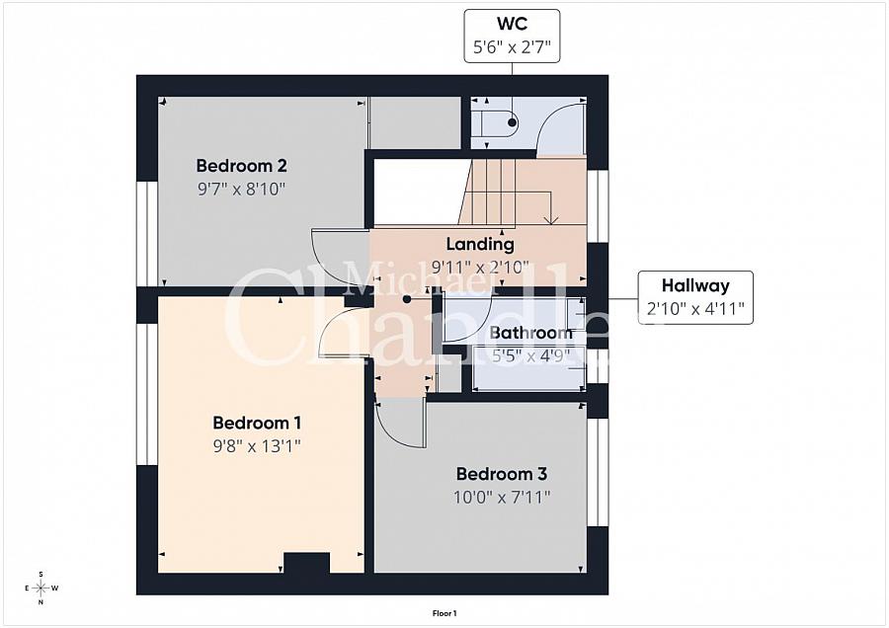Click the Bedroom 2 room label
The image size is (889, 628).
point(242,166)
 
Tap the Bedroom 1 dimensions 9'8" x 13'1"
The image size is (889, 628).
point(257,446)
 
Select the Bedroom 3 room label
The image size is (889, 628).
point(502,474)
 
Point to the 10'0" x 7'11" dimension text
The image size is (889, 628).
point(502,498)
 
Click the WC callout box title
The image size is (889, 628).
point(512,24)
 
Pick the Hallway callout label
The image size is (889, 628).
point(695,285)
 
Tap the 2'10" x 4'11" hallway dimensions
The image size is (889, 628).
point(695,309)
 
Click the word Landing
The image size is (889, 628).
point(480,244)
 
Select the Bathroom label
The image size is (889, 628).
point(531,333)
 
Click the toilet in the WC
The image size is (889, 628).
point(494,123)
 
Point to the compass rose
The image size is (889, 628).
point(41,589)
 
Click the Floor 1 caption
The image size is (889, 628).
point(444,613)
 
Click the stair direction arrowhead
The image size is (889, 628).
point(551,220)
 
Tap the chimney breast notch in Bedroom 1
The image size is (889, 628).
point(306,562)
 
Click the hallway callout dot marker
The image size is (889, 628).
point(407,299)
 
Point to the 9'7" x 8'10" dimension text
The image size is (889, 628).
point(241,189)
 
